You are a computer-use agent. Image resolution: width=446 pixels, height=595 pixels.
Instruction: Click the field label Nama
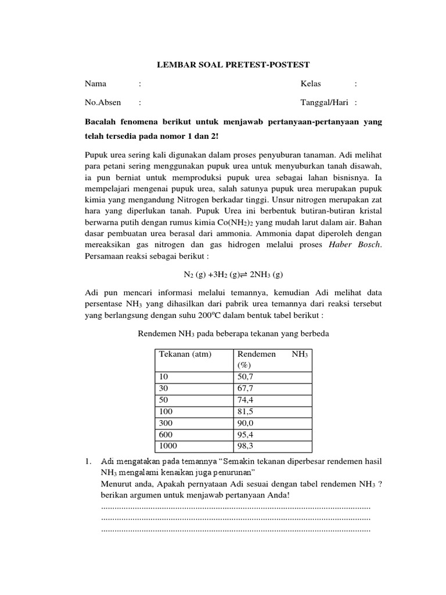[x=96, y=84]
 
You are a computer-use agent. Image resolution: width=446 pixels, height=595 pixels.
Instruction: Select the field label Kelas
[x=310, y=84]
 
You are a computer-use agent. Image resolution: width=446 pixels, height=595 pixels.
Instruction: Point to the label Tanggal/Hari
[x=324, y=102]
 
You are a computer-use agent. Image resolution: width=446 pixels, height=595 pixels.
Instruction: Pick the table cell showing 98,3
[x=245, y=446]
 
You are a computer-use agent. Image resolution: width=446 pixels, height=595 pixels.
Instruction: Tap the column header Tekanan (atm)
[x=185, y=354]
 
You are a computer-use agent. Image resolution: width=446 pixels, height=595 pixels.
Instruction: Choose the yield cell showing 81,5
[x=245, y=411]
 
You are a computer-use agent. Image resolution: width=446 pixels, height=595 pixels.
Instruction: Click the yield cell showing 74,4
[x=245, y=399]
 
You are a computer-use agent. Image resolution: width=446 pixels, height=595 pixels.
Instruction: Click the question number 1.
[x=88, y=461]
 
